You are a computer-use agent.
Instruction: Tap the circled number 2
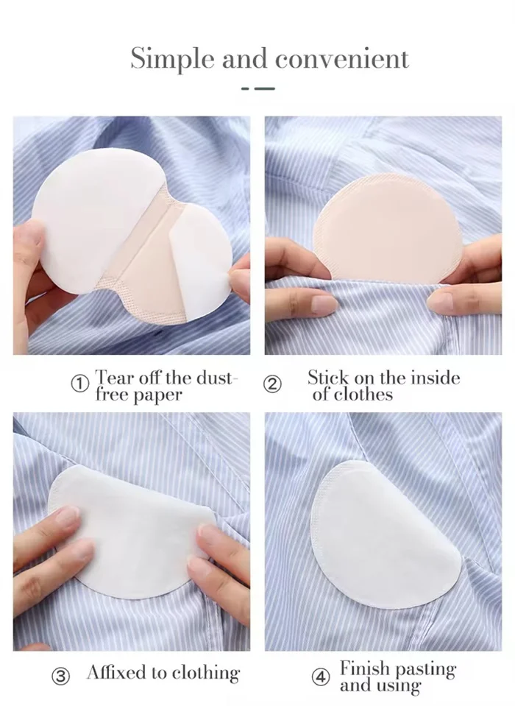[x=272, y=384]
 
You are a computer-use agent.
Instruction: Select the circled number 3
[x=61, y=675]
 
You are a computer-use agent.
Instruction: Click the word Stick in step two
[x=328, y=378]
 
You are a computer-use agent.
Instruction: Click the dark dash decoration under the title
[x=257, y=88]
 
